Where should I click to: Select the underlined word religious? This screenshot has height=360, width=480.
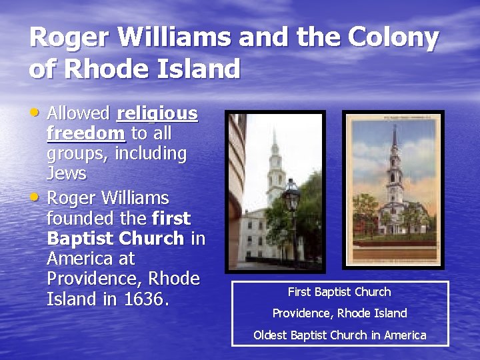tap(157, 113)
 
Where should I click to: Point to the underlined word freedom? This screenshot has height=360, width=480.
tap(86, 133)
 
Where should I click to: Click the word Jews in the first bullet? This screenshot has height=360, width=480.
tap(67, 173)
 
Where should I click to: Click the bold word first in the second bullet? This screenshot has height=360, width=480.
tap(171, 219)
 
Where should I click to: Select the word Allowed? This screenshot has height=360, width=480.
tap(79, 113)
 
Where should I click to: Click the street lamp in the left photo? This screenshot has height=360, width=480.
tap(291, 197)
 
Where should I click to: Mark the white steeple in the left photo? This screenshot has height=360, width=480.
tap(274, 160)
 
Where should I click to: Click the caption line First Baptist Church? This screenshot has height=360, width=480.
tap(339, 292)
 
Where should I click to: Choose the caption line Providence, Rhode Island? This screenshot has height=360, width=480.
tap(339, 313)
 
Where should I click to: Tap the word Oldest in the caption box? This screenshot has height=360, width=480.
tap(271, 335)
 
